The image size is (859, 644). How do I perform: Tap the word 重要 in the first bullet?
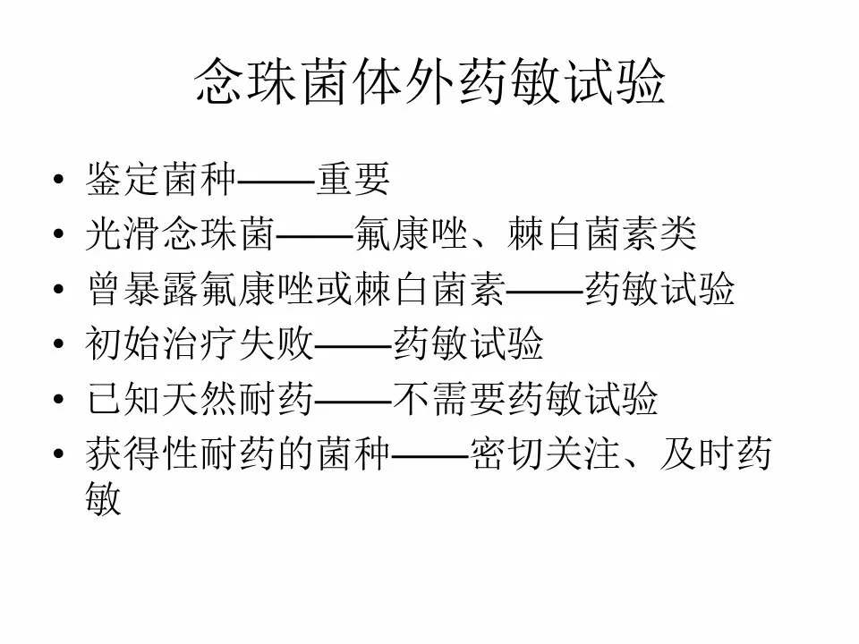pos(353,179)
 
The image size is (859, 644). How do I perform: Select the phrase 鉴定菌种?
pos(161,179)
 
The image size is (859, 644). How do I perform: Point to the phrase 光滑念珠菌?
pos(180,233)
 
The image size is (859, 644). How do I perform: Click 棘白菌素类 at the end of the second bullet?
pos(602,233)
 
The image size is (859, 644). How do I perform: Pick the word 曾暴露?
pos(142,289)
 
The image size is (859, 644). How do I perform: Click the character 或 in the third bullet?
pos(334,289)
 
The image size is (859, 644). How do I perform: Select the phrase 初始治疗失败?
pos(200,343)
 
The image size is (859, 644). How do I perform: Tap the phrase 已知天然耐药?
pos(200,398)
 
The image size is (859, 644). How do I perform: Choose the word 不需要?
pos(449,398)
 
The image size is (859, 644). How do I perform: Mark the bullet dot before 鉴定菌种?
pos(59,179)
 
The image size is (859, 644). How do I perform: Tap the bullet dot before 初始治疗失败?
pos(59,343)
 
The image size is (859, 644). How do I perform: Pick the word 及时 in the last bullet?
pos(697,453)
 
